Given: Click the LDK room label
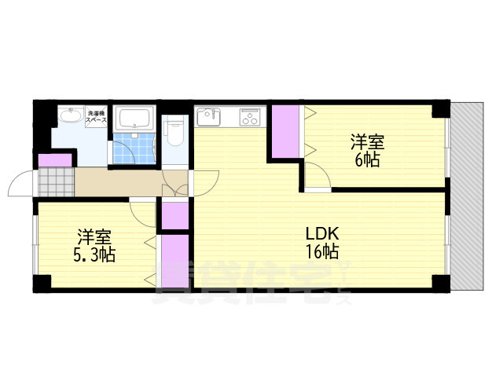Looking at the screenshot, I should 321,234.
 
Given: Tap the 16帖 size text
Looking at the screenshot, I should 322,252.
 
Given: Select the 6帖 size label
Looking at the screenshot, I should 367,160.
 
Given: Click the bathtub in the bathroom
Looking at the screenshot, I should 136,120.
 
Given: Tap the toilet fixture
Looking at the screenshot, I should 174,134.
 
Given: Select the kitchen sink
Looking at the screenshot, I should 209,119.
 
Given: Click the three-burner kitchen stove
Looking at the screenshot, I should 251,119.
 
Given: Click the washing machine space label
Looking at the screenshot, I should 97,115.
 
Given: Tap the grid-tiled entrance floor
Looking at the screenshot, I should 56,183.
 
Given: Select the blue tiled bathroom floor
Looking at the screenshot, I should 134,150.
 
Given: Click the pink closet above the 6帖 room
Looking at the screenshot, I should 285,132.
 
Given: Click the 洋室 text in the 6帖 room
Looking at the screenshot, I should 367,143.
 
